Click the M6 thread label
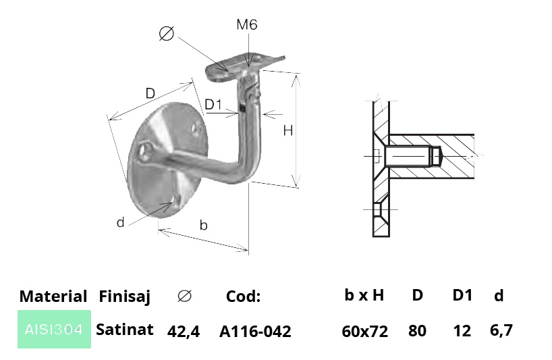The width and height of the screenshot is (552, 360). [247, 25]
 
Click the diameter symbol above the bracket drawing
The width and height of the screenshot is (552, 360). [167, 34]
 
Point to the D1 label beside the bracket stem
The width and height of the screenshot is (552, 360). [213, 105]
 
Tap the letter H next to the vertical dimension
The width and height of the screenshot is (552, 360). [288, 130]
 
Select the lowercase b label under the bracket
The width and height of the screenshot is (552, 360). [204, 225]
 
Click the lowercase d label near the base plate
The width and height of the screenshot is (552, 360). [120, 222]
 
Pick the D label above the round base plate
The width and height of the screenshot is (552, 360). [150, 93]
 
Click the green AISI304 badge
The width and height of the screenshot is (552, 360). [54, 329]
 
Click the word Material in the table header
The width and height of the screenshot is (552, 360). [53, 297]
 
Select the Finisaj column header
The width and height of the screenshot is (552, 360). [125, 297]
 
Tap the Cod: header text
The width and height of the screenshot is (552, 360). [243, 297]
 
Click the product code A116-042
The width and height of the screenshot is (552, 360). [255, 332]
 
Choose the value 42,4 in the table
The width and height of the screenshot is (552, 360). [184, 332]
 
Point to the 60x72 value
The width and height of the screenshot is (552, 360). [364, 332]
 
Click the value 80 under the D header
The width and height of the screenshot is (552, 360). [417, 331]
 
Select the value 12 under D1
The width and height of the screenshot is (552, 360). [462, 331]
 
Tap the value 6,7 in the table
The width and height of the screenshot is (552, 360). [501, 330]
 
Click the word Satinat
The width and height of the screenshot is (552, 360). [125, 330]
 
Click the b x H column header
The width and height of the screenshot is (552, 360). [364, 295]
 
